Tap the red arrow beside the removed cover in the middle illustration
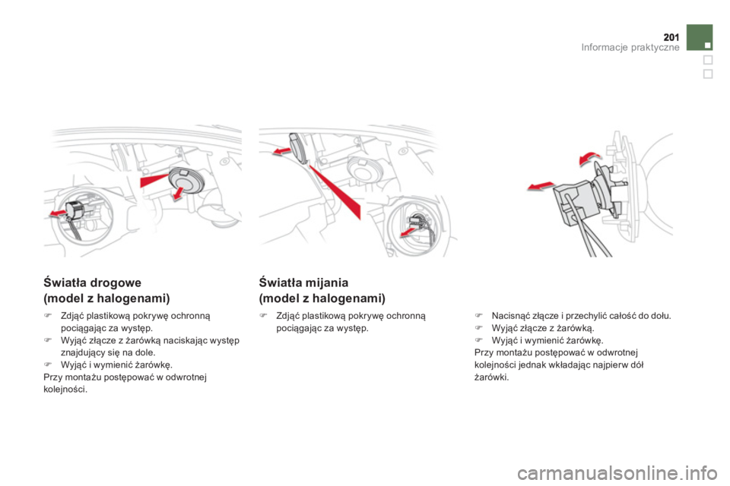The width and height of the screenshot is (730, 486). (x=282, y=153)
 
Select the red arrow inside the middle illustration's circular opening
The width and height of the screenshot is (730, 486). (x=417, y=227)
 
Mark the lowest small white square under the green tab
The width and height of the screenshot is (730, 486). (x=707, y=74)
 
